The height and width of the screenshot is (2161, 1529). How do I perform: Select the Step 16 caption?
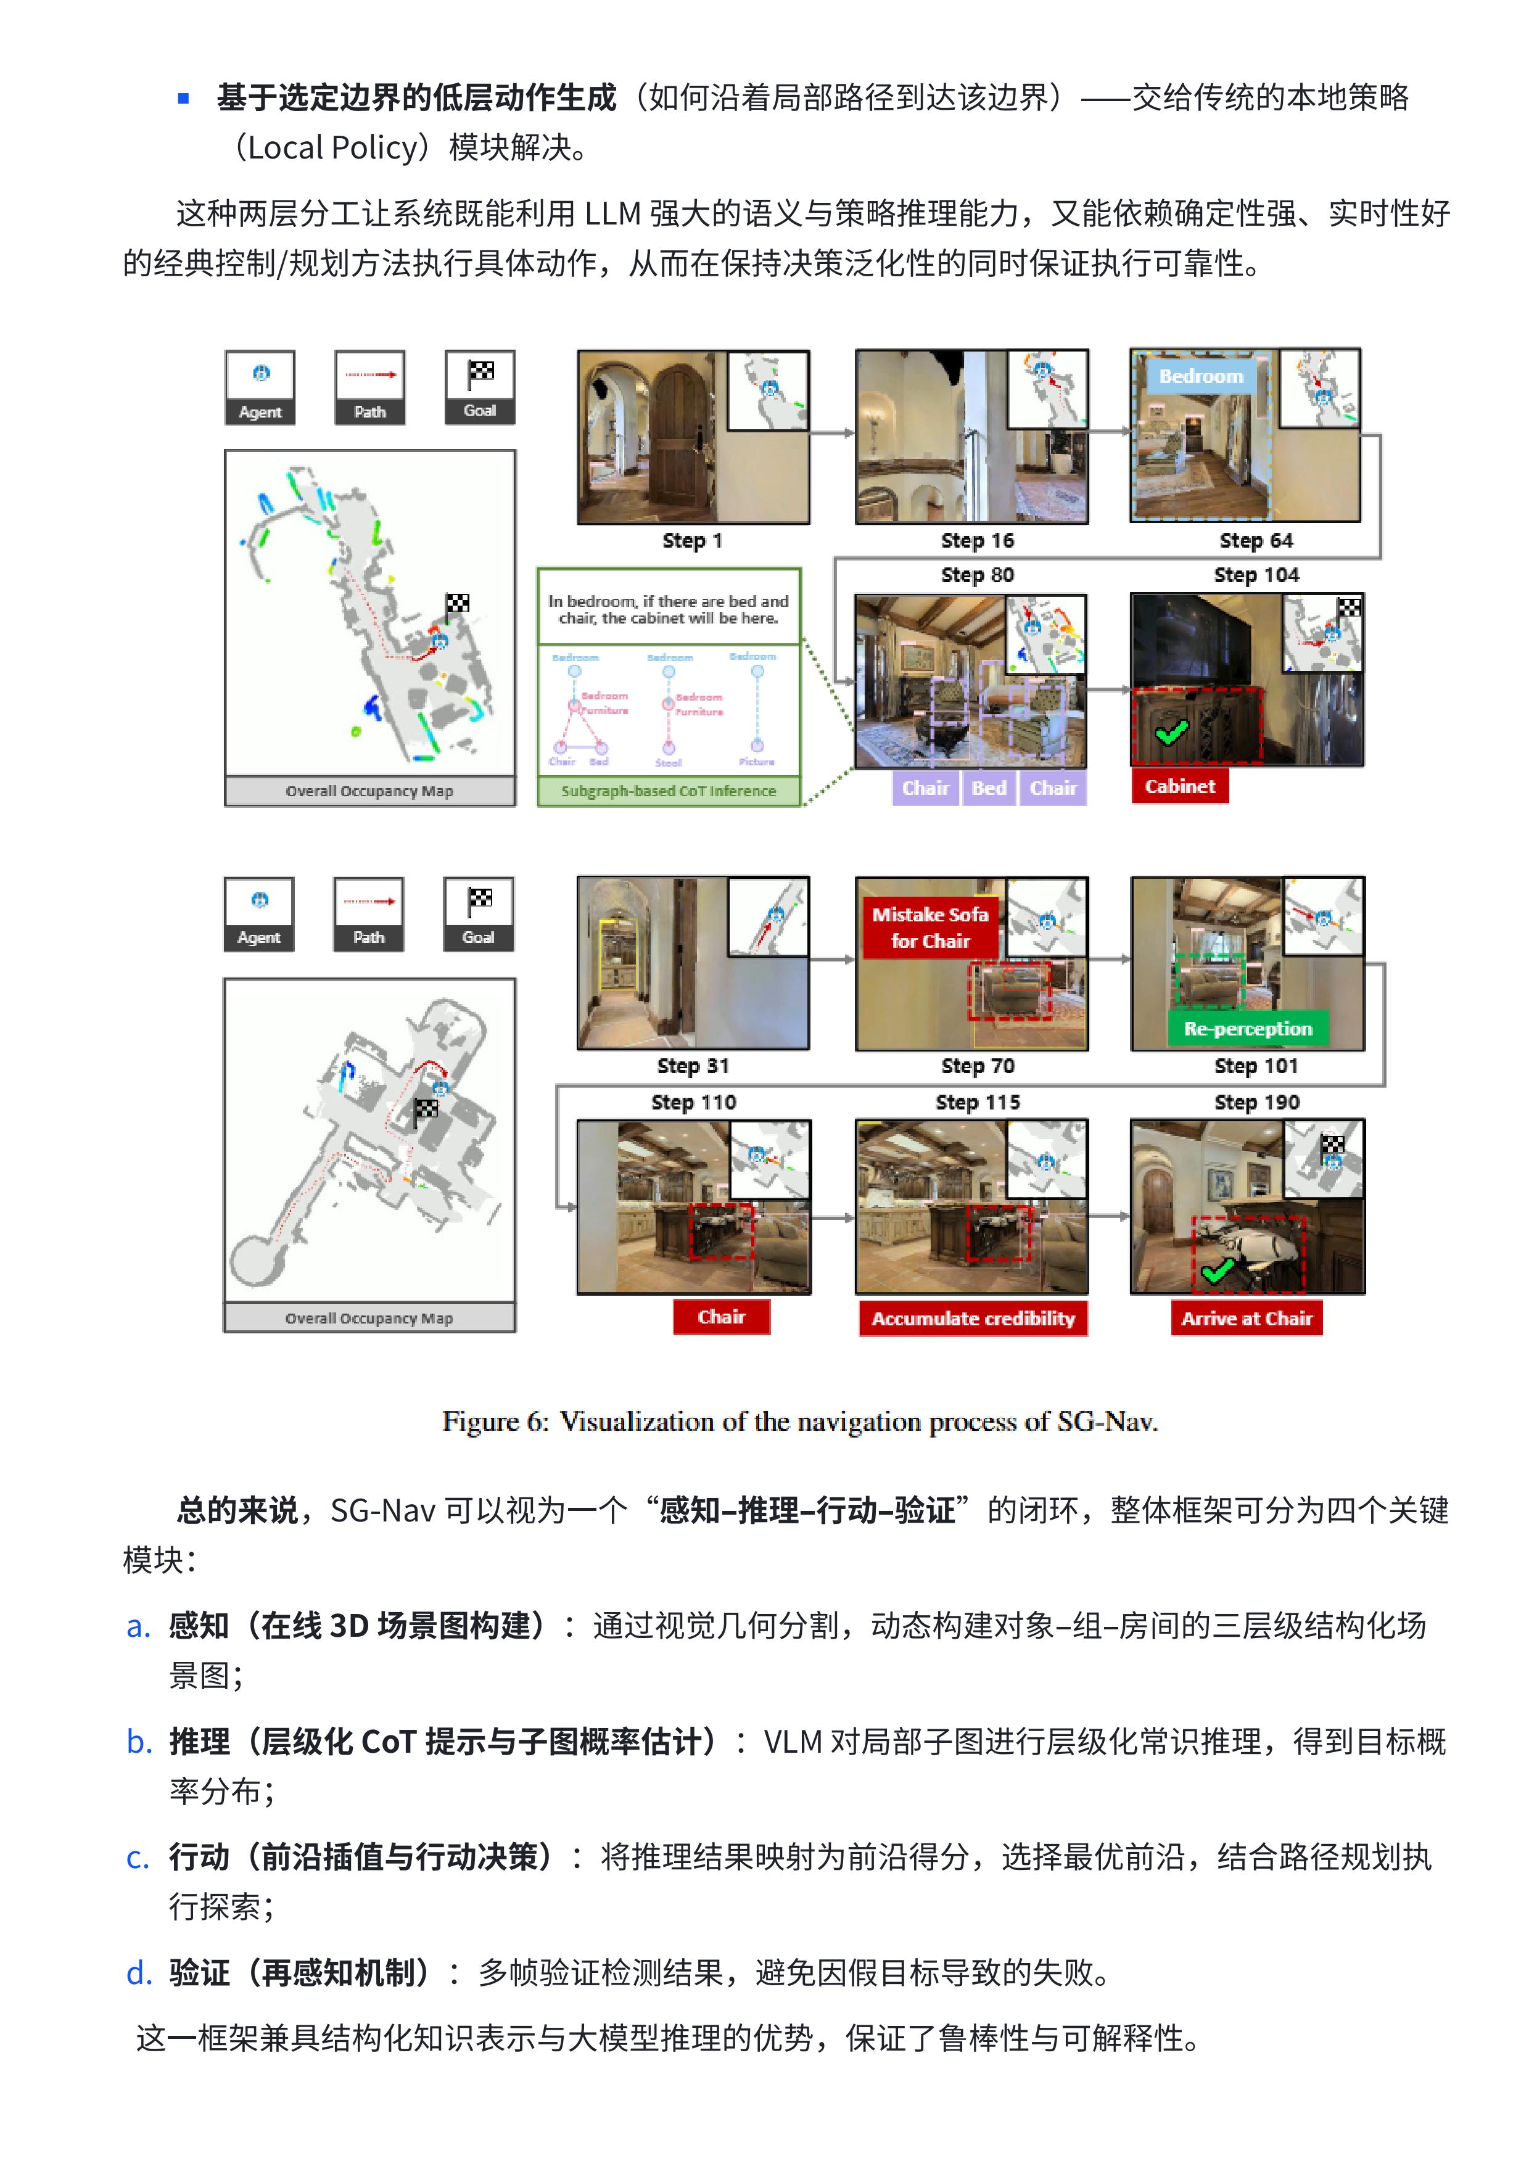coord(976,540)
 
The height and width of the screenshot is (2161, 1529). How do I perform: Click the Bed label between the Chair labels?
coord(989,788)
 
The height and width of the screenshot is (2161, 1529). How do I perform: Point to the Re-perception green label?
coord(1248,1029)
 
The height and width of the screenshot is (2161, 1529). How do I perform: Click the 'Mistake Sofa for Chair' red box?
coord(929,927)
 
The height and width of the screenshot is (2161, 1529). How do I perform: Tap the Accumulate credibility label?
coord(973,1319)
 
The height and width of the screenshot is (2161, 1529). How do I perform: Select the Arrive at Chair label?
coord(1246,1319)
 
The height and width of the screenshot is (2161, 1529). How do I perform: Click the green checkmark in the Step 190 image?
coord(1218,1270)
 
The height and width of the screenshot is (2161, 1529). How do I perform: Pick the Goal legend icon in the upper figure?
coord(480,387)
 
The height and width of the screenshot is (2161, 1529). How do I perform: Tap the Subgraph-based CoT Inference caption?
coord(669,791)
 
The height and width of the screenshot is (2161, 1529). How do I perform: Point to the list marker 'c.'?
coord(138,1858)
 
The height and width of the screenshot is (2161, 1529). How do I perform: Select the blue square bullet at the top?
coord(184,98)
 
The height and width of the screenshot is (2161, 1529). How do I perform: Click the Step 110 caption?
coord(693,1102)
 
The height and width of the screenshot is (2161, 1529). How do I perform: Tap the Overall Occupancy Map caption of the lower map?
coord(369,1319)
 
